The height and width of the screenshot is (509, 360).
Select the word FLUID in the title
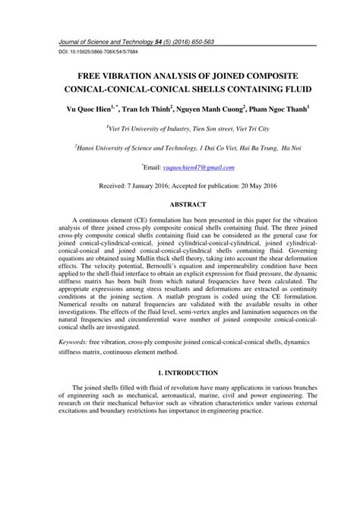click(x=279, y=90)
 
